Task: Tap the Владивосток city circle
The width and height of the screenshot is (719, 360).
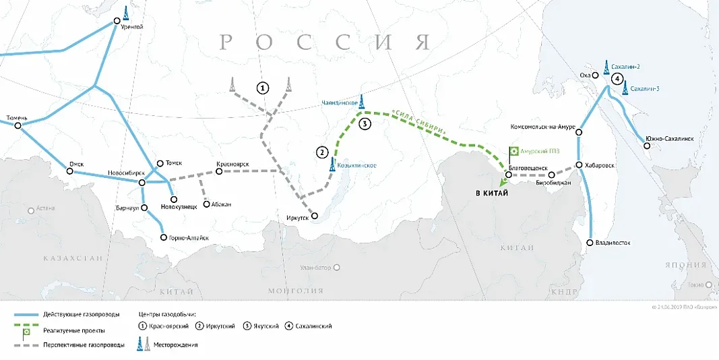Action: tap(590, 243)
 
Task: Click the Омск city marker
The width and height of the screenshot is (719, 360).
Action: tap(70, 171)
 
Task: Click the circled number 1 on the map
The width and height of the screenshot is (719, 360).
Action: tap(263, 88)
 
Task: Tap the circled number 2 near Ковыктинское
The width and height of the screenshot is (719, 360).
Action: tap(322, 152)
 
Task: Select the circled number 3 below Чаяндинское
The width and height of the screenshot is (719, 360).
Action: tap(365, 123)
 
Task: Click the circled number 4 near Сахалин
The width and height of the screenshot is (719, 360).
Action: tap(616, 79)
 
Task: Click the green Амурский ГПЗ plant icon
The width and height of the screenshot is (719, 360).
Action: tap(513, 152)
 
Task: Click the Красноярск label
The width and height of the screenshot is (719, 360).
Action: tap(232, 164)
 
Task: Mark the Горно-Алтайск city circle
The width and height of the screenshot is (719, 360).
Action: tap(163, 237)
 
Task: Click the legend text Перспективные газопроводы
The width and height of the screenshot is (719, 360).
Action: tap(83, 344)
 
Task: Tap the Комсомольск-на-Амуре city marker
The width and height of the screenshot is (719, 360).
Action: tap(579, 133)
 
